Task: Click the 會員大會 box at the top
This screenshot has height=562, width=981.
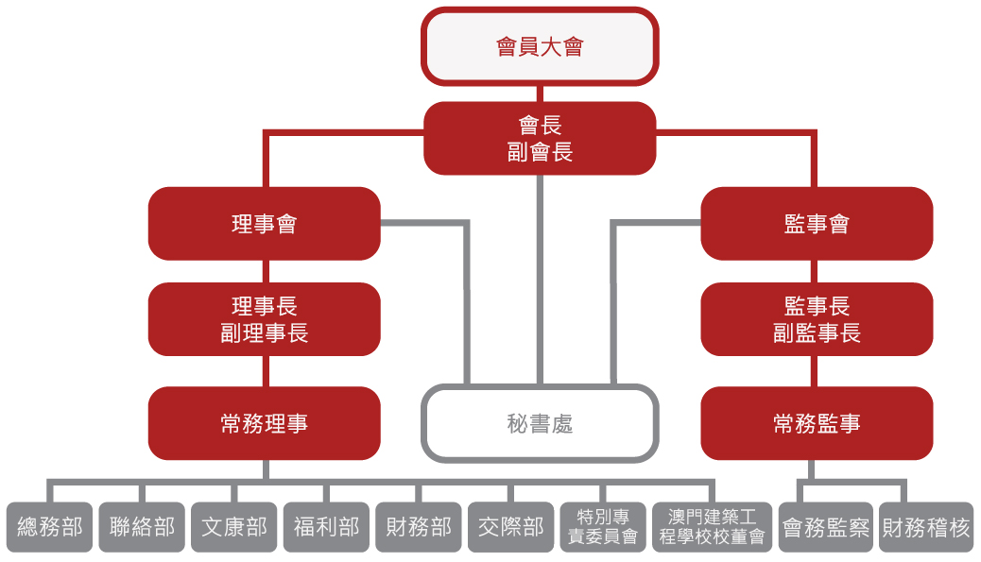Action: click(540, 46)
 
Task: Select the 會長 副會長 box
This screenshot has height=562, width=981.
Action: click(540, 138)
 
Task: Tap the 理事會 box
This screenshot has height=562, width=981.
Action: click(265, 224)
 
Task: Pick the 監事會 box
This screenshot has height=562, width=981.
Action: click(817, 224)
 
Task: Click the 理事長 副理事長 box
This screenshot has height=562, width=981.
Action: click(265, 319)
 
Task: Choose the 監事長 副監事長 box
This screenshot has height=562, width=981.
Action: click(817, 319)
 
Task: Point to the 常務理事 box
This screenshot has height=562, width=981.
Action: click(265, 423)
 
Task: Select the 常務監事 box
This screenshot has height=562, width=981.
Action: click(817, 423)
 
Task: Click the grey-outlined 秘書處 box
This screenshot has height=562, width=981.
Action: click(540, 423)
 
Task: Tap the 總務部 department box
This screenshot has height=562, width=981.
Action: click(50, 527)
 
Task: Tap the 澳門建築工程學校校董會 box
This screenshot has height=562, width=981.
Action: click(712, 527)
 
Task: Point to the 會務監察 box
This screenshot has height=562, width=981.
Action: click(826, 527)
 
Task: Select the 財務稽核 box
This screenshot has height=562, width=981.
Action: click(926, 527)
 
